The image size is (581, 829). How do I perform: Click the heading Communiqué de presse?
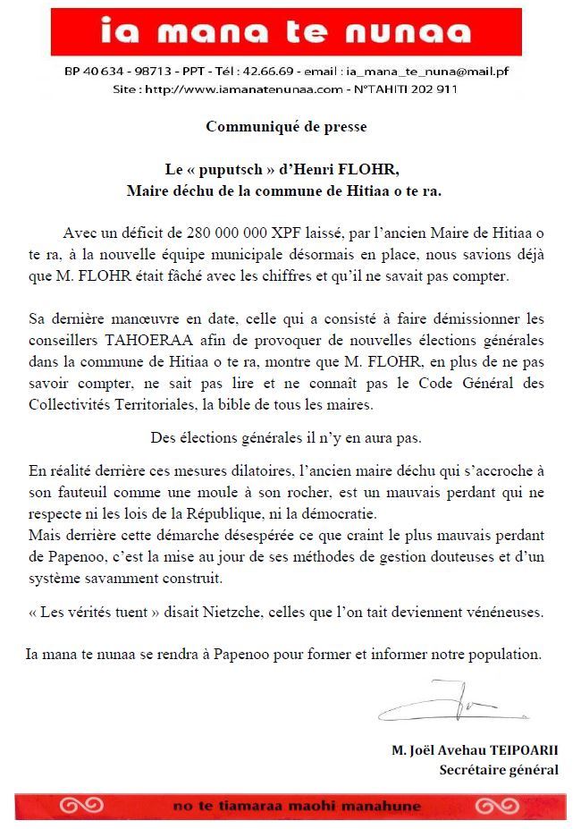tap(286, 126)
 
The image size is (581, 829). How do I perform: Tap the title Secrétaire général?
tap(499, 769)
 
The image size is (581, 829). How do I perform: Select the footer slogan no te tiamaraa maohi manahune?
tap(298, 806)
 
